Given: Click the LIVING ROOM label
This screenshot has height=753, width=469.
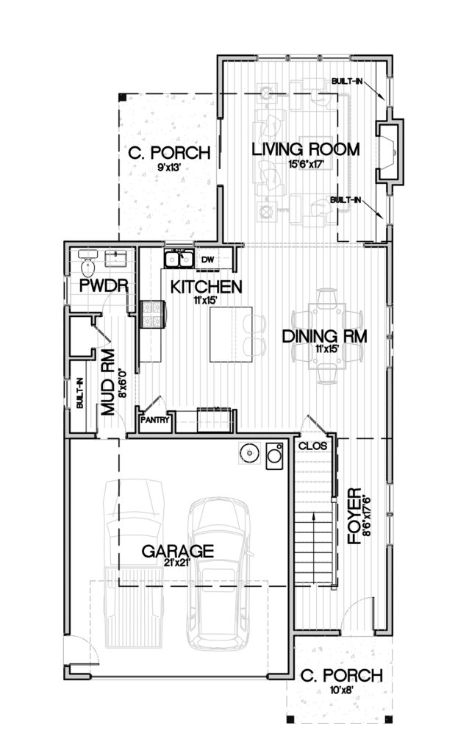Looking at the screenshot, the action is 306,149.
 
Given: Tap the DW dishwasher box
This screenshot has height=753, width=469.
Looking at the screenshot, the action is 207,260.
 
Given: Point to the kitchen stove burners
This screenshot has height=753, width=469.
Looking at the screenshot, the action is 152,314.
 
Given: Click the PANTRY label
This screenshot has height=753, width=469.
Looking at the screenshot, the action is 155,420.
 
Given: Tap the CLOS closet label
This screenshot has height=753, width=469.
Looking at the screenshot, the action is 312,446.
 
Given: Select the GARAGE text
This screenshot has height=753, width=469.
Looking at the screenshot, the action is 178,551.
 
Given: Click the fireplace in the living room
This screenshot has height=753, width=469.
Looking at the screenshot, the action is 388,151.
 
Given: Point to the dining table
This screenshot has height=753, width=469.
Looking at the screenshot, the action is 326,335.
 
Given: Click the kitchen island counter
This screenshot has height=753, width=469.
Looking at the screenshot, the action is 231,335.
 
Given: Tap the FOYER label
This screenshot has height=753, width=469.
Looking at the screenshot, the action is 354,515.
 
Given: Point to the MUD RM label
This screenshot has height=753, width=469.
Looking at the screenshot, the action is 108,382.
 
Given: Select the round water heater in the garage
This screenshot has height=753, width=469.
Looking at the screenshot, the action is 250,453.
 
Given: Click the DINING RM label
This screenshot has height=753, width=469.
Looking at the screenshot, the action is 324,336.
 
